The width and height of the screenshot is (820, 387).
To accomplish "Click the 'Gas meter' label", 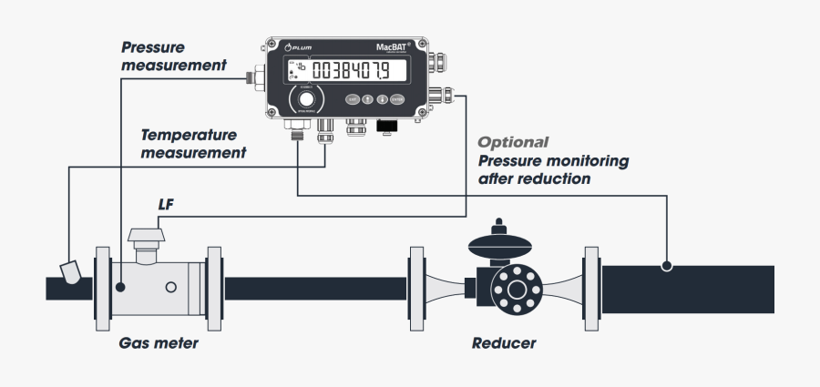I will (158, 344).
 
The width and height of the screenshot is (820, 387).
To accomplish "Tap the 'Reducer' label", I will (504, 344).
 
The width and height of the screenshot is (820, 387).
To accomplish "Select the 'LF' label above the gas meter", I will (165, 207).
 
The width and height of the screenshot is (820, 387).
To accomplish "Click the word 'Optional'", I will (514, 142).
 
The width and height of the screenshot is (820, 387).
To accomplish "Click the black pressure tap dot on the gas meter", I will (120, 287).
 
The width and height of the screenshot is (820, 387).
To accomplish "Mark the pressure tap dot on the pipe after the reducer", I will (667, 267).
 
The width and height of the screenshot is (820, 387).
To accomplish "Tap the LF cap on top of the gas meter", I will (146, 239).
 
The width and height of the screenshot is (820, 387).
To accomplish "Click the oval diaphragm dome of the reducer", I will (497, 244).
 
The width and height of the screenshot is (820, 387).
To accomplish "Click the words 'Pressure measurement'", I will (173, 56).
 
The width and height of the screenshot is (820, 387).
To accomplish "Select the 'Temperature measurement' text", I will (193, 143).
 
